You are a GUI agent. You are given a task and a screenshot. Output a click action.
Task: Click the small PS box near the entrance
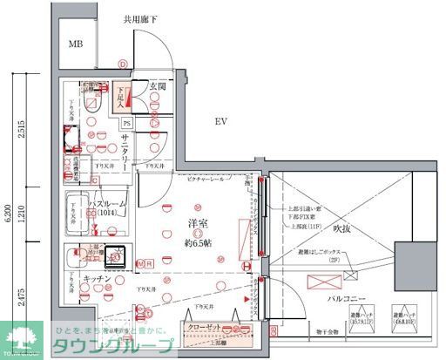(127, 123)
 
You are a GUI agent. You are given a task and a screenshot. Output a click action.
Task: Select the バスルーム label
(109, 204)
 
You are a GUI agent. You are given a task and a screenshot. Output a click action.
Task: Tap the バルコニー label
(346, 298)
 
